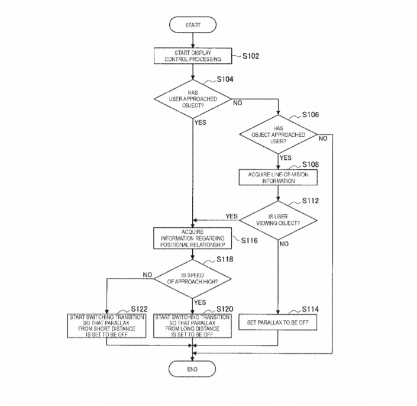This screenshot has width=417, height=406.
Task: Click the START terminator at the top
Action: (x=193, y=25)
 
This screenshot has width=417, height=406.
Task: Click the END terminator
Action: (x=192, y=369)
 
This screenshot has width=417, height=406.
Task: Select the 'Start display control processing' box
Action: (x=193, y=56)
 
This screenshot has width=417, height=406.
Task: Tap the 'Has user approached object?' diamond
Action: (x=193, y=99)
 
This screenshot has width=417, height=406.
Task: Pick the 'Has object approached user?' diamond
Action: (x=278, y=134)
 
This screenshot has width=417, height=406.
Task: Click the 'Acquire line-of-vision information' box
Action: (x=278, y=178)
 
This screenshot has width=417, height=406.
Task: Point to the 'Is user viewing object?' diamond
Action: (x=278, y=220)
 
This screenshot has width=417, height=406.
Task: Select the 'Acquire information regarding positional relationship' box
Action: (x=193, y=239)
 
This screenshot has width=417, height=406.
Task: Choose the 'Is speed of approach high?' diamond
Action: (x=193, y=279)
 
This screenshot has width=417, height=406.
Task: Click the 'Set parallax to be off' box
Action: (x=278, y=323)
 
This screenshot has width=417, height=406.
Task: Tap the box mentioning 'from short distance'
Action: (x=106, y=326)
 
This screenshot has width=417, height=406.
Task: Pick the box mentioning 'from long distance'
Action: (x=193, y=326)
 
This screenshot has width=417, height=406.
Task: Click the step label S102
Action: (x=251, y=56)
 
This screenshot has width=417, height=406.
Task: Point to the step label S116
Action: (x=250, y=240)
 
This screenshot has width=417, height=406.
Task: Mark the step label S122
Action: (x=140, y=309)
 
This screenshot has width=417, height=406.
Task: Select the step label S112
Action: (x=311, y=201)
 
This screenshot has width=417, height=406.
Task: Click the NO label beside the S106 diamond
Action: (x=323, y=138)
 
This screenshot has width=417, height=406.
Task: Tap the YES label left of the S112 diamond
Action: (x=232, y=216)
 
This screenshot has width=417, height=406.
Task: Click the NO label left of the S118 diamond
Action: (x=148, y=275)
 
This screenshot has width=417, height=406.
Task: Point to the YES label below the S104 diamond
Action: (x=201, y=123)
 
